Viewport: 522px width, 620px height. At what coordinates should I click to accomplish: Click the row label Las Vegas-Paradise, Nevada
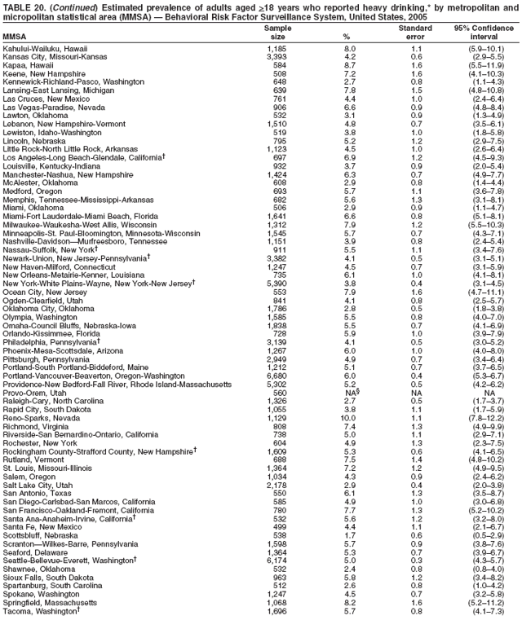(57, 105)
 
